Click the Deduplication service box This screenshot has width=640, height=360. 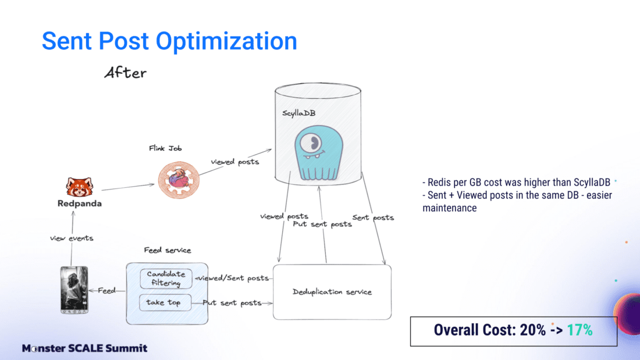[332, 292]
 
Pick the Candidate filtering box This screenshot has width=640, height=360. [166, 278]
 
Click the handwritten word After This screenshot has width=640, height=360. [125, 73]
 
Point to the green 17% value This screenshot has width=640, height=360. [579, 330]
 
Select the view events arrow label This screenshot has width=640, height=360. [72, 238]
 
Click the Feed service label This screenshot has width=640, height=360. [168, 251]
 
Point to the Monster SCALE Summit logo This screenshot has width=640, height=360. [84, 348]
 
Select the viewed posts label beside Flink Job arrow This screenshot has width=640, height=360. [234, 162]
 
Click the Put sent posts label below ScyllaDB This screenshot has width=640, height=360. [322, 224]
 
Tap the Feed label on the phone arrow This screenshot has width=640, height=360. [106, 290]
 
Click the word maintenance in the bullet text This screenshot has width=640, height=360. [450, 208]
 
